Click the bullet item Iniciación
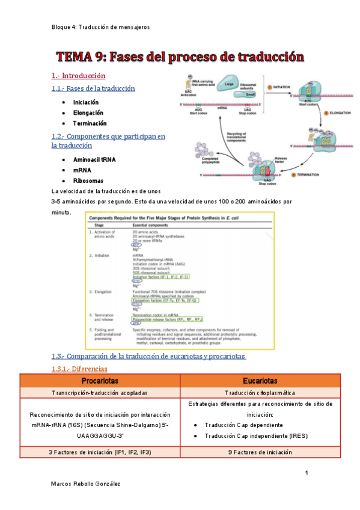pos(86,102)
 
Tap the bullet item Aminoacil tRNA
pos(94,160)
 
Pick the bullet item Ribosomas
pos(88,180)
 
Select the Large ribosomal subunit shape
pos(229,85)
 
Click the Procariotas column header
pos(100,381)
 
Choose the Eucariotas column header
pos(260,381)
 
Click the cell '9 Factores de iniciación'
pos(260,451)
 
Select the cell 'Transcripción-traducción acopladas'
pos(100,392)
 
